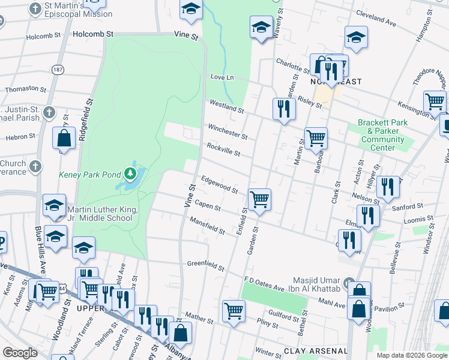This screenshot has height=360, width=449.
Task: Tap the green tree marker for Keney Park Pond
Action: coord(131,175)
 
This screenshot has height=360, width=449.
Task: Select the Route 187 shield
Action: coord(58,70)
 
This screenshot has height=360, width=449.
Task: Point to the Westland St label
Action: coord(226,107)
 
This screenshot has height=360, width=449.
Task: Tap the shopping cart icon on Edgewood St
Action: coord(259,199)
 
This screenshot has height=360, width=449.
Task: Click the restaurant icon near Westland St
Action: coord(282,109)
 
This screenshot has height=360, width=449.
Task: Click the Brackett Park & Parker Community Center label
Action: coord(382,135)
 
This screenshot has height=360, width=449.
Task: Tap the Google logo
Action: coord(20,352)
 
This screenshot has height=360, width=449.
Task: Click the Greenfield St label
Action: coord(205,265)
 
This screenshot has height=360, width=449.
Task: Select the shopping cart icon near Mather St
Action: coord(234,311)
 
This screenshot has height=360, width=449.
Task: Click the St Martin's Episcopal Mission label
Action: coord(78,10)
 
